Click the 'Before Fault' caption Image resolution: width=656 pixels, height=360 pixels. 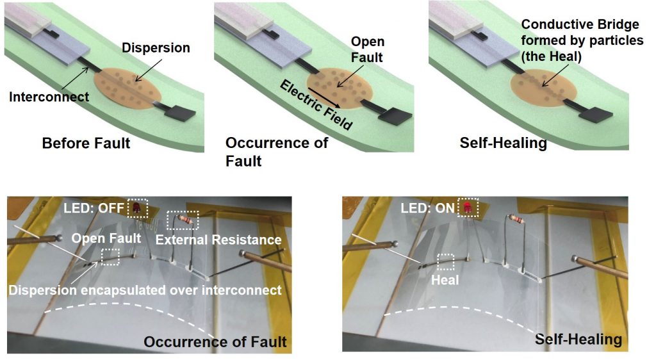click(86, 143)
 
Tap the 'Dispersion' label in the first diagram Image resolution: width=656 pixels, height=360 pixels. click(156, 47)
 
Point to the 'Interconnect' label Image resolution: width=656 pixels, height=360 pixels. click(49, 97)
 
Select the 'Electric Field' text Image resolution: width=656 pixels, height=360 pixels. click(316, 105)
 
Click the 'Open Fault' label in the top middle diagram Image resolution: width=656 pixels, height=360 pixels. click(367, 49)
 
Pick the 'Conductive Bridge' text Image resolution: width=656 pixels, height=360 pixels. click(580, 25)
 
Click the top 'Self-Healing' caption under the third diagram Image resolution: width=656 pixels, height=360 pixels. click(504, 143)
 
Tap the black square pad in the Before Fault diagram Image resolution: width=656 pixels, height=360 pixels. click(180, 113)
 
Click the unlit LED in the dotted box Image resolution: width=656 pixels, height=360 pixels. click(136, 208)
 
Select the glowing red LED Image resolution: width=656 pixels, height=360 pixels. click(467, 207)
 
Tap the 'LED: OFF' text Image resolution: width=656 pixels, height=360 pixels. click(94, 208)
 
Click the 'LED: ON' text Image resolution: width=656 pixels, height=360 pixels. click(427, 208)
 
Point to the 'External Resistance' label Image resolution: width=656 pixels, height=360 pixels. click(218, 240)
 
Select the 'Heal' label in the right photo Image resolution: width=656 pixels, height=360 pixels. click(445, 280)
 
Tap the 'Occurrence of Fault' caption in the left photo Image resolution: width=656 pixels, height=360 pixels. click(215, 342)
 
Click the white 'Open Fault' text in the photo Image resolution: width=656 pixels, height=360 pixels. click(106, 239)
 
